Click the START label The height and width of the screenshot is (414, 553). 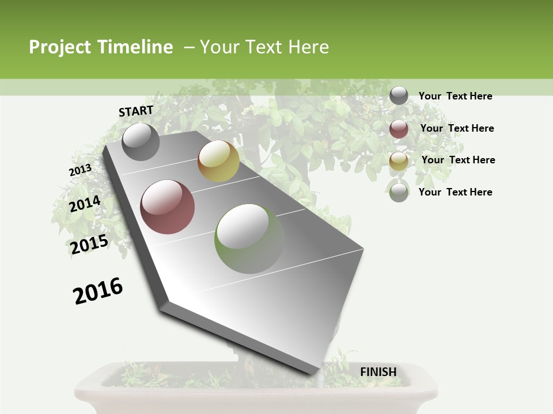[136, 111]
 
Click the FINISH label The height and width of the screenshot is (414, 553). [378, 372]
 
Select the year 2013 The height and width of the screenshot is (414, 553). [80, 170]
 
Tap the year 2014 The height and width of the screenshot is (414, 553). [85, 204]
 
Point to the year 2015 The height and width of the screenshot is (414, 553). [89, 244]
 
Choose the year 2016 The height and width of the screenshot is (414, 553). [98, 291]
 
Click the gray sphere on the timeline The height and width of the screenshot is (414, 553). [141, 141]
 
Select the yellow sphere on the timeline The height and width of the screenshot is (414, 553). [218, 161]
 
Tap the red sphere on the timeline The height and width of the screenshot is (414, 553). [167, 207]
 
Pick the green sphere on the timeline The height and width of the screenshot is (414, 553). [249, 239]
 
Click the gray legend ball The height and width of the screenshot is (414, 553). [399, 95]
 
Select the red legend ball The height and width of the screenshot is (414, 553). [399, 128]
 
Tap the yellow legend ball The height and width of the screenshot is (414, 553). [399, 160]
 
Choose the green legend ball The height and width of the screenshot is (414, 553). [399, 192]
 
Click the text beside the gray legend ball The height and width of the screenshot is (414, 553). [455, 96]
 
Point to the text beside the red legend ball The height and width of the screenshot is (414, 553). [457, 128]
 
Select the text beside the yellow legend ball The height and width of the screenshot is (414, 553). [458, 160]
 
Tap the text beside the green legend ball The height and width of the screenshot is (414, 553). [455, 192]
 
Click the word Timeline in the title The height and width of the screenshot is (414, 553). [135, 47]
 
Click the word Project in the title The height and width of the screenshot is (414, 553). [60, 47]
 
